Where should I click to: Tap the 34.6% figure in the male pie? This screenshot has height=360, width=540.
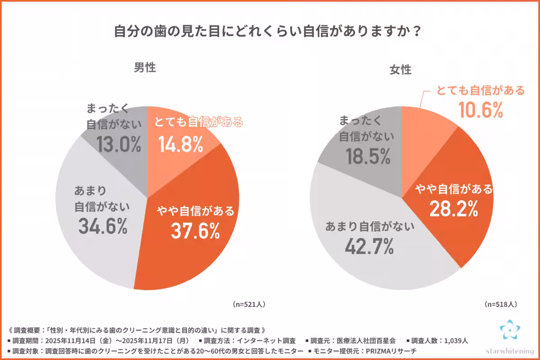click(x=103, y=226)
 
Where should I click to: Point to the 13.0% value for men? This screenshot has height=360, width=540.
click(x=119, y=145)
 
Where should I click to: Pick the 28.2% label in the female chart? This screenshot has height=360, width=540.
click(x=454, y=208)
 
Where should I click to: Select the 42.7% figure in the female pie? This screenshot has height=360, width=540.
click(x=369, y=246)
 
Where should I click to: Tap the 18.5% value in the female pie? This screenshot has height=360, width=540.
click(x=367, y=157)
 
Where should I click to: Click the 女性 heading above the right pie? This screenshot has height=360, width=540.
click(x=400, y=70)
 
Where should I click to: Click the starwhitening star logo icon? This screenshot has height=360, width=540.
click(x=510, y=330)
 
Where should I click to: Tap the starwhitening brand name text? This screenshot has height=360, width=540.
click(x=510, y=350)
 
